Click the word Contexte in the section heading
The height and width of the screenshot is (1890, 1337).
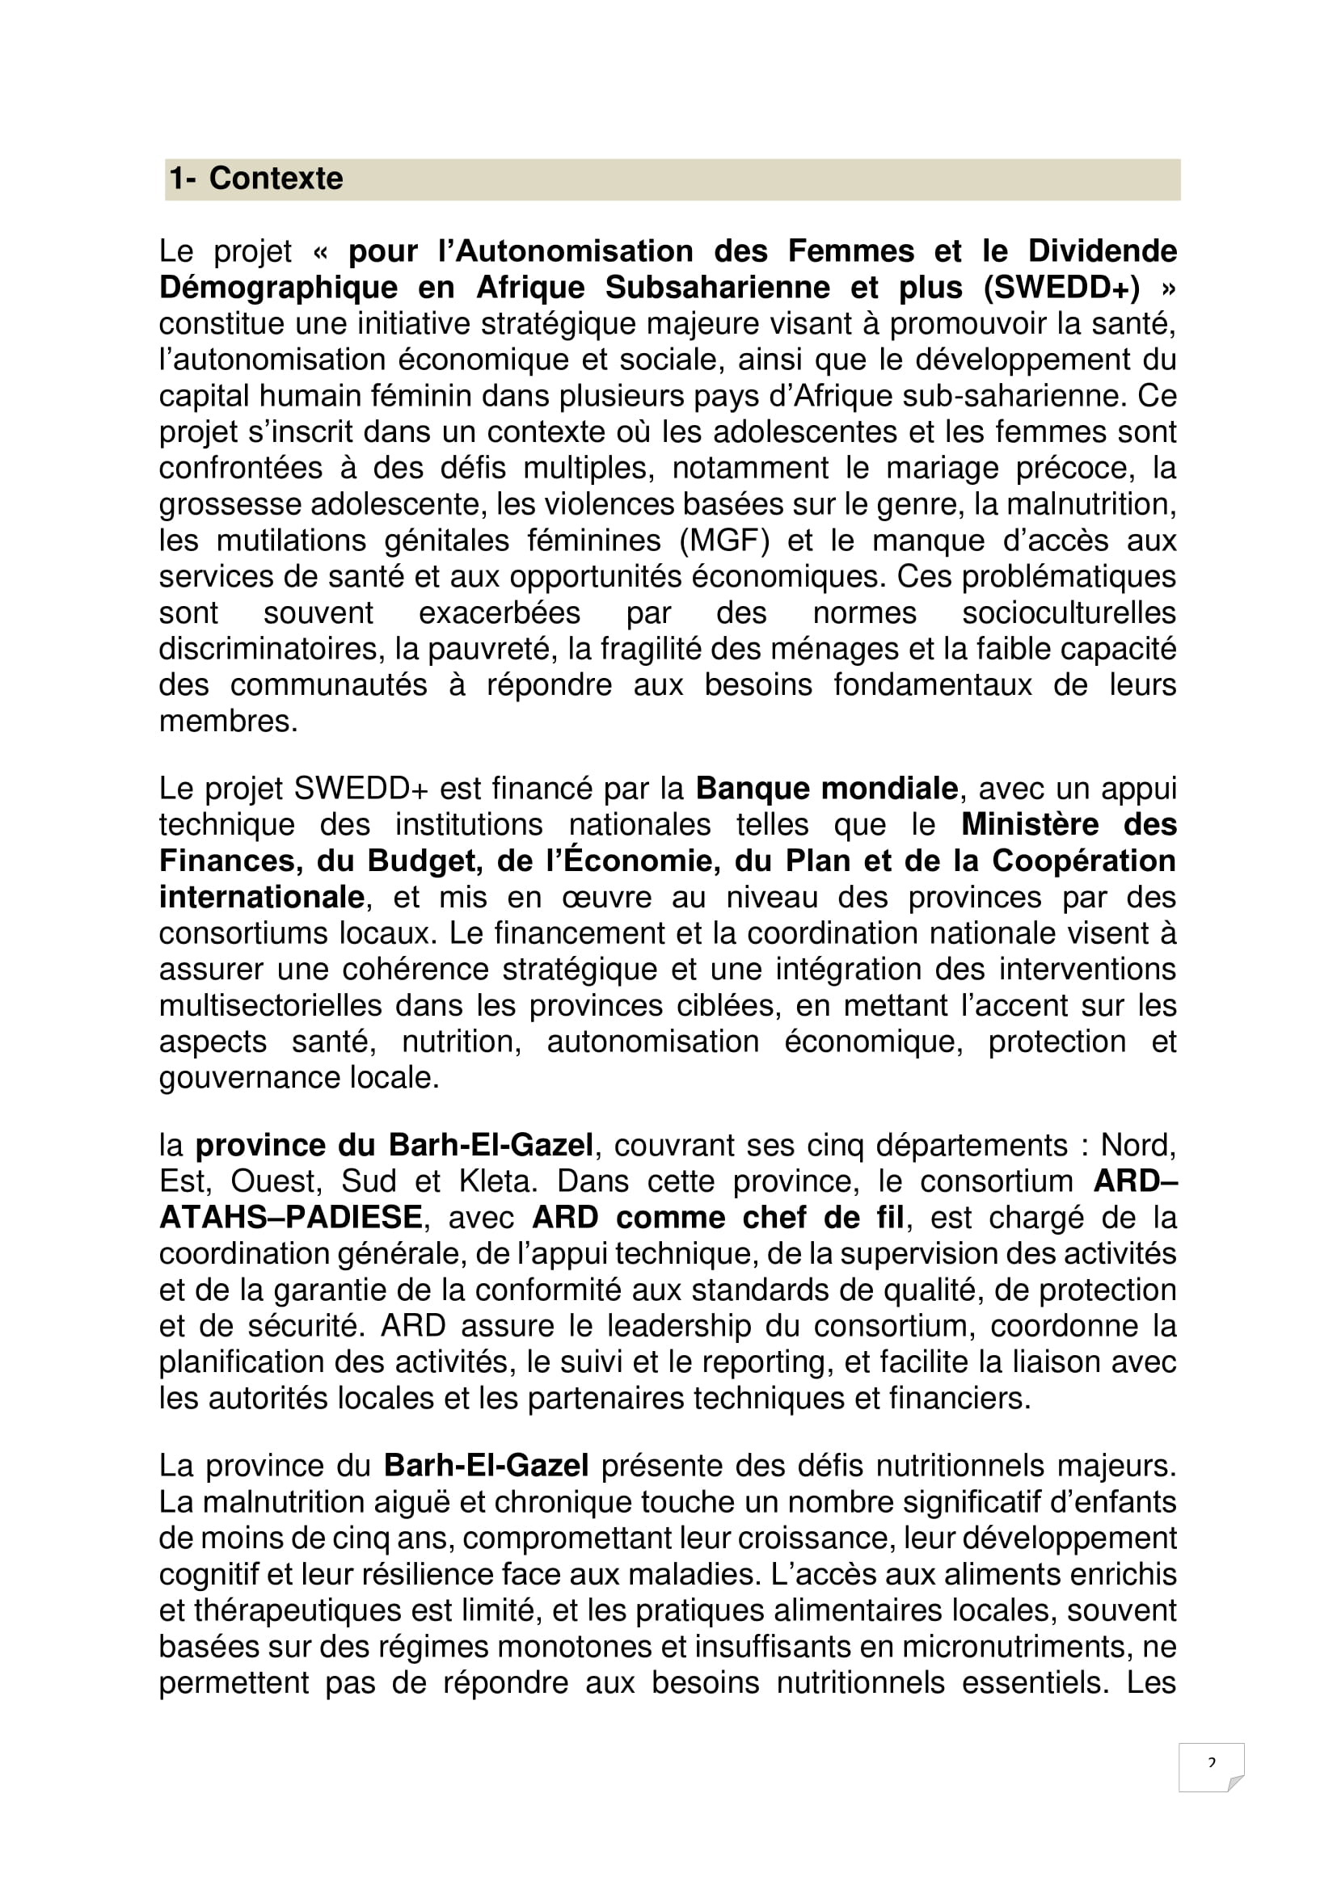276,179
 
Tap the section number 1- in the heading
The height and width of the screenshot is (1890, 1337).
182,179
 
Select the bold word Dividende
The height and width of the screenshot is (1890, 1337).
1103,251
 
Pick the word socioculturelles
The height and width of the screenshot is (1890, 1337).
1069,613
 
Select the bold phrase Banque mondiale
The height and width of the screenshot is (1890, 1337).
827,789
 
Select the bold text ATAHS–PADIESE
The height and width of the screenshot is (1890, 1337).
291,1219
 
